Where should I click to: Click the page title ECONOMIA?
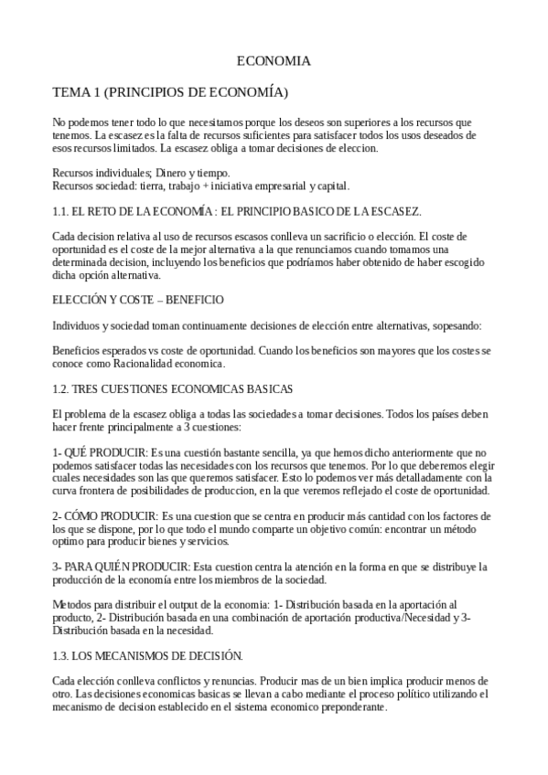pyautogui.click(x=274, y=61)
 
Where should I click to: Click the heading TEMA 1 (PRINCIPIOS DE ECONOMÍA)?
pyautogui.click(x=170, y=92)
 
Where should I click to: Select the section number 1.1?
pyautogui.click(x=61, y=212)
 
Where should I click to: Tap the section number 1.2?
pyautogui.click(x=61, y=388)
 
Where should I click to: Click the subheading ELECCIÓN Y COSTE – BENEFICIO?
pyautogui.click(x=138, y=300)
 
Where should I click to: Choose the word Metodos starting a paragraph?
pyautogui.click(x=73, y=605)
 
